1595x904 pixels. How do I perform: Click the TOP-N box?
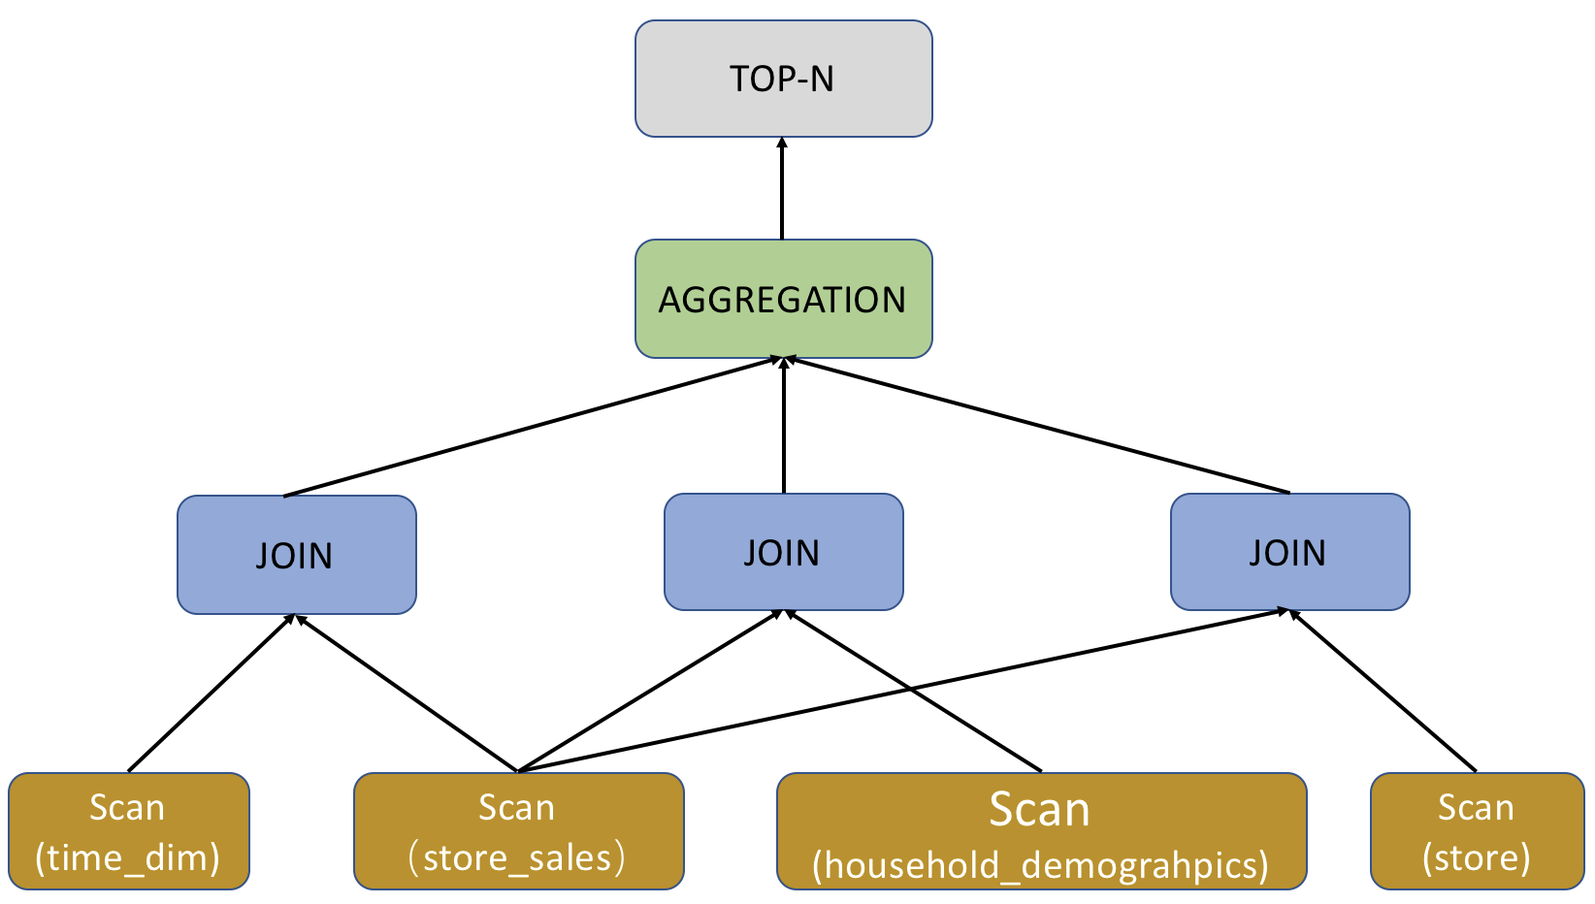tap(783, 79)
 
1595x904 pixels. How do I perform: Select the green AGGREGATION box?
tap(783, 299)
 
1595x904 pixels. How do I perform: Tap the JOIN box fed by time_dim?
tap(296, 555)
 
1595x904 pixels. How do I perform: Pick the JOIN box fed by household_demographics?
tap(783, 552)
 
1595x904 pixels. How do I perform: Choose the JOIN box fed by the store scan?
tap(1289, 552)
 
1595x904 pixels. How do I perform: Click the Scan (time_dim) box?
tap(128, 831)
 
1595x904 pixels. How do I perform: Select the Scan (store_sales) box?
tap(518, 831)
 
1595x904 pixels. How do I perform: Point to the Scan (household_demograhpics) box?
tap(1041, 831)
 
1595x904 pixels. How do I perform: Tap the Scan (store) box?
tap(1477, 831)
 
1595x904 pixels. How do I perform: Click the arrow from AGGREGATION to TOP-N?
tap(782, 189)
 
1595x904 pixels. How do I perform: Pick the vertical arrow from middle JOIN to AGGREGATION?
tap(784, 427)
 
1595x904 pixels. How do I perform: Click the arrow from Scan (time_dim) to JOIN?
tap(211, 693)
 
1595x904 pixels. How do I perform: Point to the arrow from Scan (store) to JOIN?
tap(1383, 691)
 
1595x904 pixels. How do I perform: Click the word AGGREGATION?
tap(782, 300)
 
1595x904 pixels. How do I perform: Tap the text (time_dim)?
tap(128, 857)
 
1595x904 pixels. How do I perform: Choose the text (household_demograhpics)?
tap(1041, 864)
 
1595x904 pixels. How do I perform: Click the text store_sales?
tap(518, 857)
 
